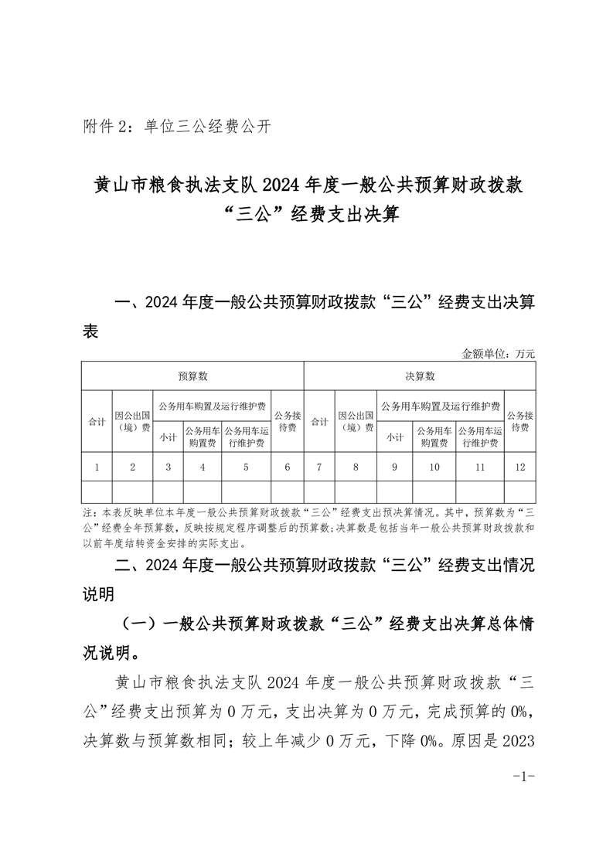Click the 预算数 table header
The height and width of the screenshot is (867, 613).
192,376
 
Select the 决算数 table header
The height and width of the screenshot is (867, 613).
420,376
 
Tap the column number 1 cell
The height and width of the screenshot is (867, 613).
97,467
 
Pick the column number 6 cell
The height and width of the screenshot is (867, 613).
288,467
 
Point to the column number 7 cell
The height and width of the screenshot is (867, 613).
319,467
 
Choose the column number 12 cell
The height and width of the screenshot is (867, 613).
519,467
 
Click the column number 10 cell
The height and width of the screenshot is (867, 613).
434,467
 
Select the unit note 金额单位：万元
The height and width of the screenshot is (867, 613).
498,353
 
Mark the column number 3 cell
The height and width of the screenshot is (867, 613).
168,467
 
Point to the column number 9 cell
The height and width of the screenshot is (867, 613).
394,467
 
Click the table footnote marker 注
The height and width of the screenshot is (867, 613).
86,512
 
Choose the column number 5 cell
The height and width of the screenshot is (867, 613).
246,467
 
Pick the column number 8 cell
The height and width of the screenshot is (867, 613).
356,467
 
